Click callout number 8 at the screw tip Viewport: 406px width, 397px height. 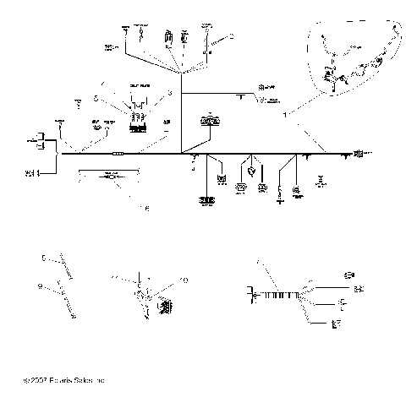(73, 316)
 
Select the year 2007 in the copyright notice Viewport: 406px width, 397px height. (36, 382)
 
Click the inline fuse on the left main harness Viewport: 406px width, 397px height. (118, 155)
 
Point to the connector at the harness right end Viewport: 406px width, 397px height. (359, 154)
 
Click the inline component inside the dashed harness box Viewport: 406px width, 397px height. (108, 179)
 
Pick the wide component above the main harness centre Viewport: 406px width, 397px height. (206, 122)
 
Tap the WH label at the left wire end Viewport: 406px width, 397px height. (31, 174)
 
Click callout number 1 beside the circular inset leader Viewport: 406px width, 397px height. (286, 111)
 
